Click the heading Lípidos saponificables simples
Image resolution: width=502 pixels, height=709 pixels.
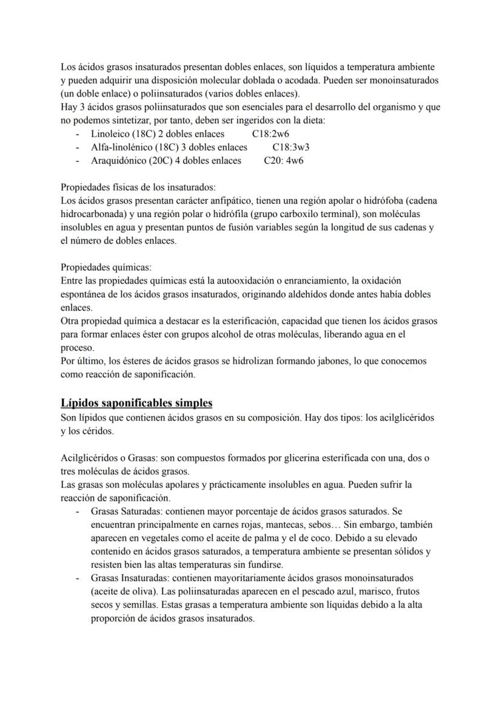136,403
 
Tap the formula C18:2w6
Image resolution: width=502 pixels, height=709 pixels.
270,134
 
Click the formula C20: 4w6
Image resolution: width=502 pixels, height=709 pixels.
284,161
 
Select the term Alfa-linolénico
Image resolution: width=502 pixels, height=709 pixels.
122,147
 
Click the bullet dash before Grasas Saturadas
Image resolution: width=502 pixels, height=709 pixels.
78,511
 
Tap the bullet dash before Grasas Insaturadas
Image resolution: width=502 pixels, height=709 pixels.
78,578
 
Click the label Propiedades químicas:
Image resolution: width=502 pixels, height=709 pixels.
107,267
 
